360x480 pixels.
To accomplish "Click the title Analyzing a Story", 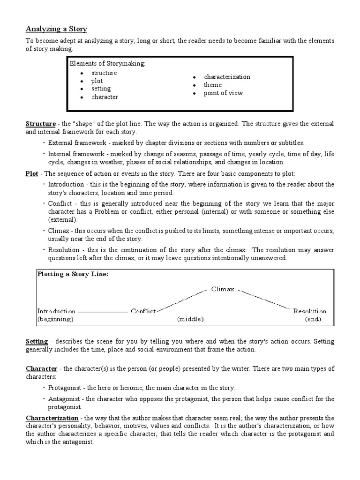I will (56, 29).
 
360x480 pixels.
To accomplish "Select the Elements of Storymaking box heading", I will (107, 64).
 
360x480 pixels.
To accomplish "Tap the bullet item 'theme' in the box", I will (212, 85).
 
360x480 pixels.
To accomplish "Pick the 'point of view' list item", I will (223, 93).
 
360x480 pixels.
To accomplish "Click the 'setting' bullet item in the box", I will (101, 89).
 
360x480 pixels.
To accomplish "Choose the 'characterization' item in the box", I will (227, 77).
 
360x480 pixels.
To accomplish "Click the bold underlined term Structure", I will (40, 124).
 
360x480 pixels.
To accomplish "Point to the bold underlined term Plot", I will (32, 173).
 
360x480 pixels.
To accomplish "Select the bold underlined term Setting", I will (37, 342).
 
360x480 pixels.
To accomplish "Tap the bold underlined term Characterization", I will (52, 418).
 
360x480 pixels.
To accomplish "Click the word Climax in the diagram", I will (223, 289).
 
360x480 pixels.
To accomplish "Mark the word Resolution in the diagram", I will (310, 311).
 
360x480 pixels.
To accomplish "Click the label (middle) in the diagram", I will (190, 319).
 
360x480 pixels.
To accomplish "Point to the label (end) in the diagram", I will (313, 319).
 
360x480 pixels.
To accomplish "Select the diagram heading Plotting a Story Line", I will (73, 275).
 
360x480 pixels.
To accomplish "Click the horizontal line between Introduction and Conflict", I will (102, 311).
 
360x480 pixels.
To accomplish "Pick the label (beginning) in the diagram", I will (55, 319).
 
